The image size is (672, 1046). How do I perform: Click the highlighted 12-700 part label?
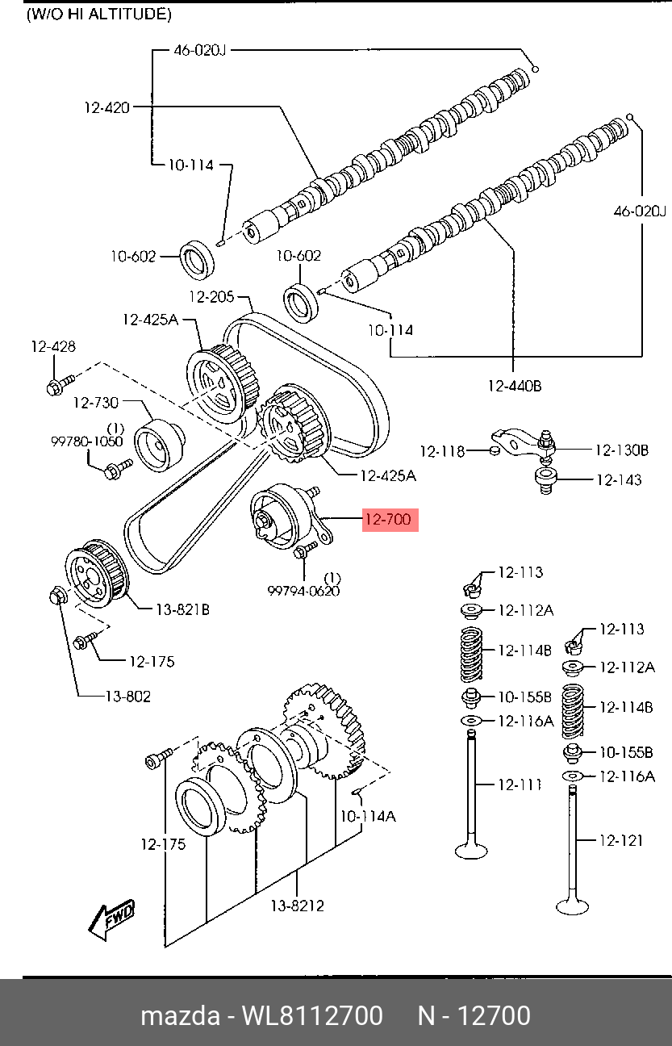(389, 520)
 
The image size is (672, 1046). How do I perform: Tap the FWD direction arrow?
(112, 919)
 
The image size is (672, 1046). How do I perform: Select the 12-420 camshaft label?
(106, 107)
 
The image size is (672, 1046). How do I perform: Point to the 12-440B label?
(514, 386)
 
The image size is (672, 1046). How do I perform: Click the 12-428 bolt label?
(53, 347)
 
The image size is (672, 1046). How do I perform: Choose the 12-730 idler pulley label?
(96, 401)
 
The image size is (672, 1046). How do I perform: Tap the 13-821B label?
(182, 610)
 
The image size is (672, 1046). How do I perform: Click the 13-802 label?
(127, 696)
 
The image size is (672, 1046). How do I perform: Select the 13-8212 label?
(297, 906)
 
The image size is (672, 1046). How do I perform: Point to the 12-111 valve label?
(520, 784)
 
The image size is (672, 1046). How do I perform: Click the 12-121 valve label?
(621, 840)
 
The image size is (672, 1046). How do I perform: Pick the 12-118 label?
(442, 451)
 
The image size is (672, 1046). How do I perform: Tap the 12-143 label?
(620, 480)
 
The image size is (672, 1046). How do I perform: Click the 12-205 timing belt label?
(211, 296)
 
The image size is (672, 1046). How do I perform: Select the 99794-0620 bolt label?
(303, 591)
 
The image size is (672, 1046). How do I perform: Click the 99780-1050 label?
(87, 441)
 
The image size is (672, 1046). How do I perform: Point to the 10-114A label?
(368, 816)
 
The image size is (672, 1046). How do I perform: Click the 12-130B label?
(622, 450)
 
